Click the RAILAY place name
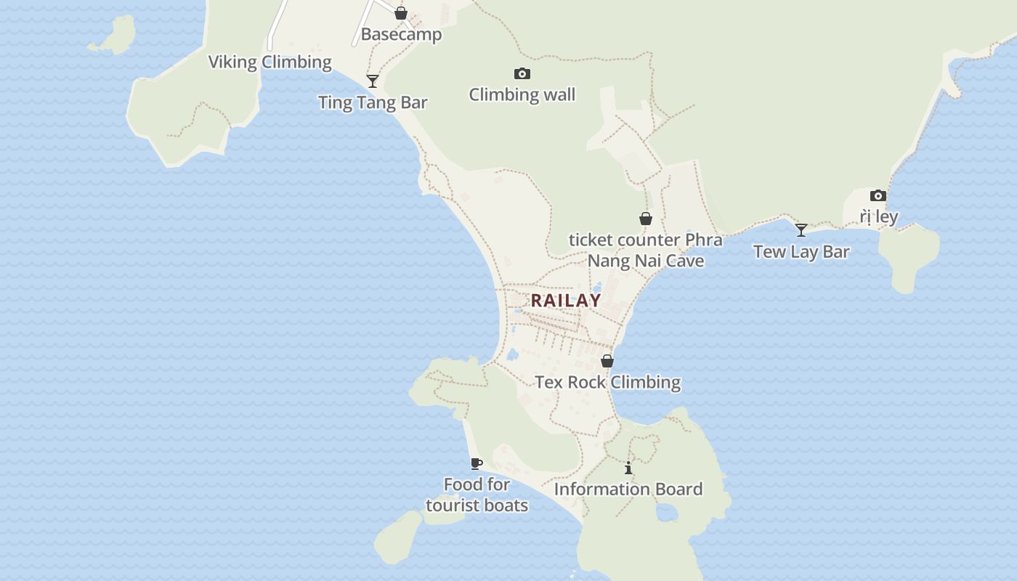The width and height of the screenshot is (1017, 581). [566, 300]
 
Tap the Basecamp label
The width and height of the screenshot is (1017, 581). [401, 34]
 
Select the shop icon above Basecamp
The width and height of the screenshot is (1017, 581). [401, 13]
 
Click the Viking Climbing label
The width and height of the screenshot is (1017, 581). [270, 62]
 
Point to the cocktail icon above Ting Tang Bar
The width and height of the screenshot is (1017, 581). [373, 81]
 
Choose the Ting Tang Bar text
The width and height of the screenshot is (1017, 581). [373, 102]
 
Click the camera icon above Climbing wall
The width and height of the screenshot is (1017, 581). [522, 73]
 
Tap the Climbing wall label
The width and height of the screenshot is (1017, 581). [522, 94]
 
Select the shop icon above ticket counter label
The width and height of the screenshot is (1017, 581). [645, 219]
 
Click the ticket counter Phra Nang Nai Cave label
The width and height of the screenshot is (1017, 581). [645, 250]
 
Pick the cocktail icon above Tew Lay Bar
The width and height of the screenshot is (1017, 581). [801, 230]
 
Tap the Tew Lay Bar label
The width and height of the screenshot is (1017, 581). [801, 252]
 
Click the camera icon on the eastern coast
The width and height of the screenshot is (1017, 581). [878, 195]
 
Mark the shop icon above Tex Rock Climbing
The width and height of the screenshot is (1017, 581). [607, 361]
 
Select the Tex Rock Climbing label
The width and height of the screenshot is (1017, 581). [607, 382]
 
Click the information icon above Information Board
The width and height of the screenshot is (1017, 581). [628, 468]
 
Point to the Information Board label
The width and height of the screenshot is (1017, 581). [628, 489]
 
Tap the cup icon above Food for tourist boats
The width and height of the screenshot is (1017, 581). [477, 463]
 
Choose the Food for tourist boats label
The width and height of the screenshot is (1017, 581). [477, 495]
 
